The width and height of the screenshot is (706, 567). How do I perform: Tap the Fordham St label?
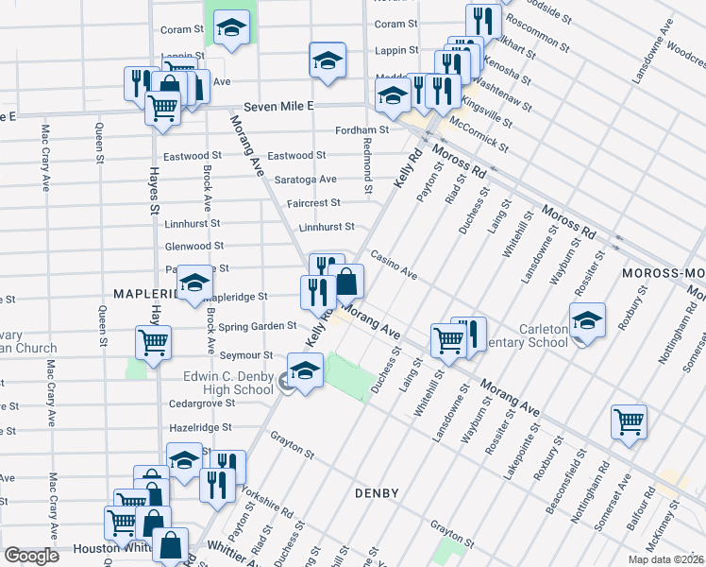363,130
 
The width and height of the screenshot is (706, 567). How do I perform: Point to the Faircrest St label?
313,203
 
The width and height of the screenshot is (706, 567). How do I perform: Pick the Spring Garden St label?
258,326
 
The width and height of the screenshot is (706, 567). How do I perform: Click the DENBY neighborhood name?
377,493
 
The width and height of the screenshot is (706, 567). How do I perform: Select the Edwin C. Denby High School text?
227,383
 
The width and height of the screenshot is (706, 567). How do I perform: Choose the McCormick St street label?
479,135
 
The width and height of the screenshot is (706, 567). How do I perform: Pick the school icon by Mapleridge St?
195,282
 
